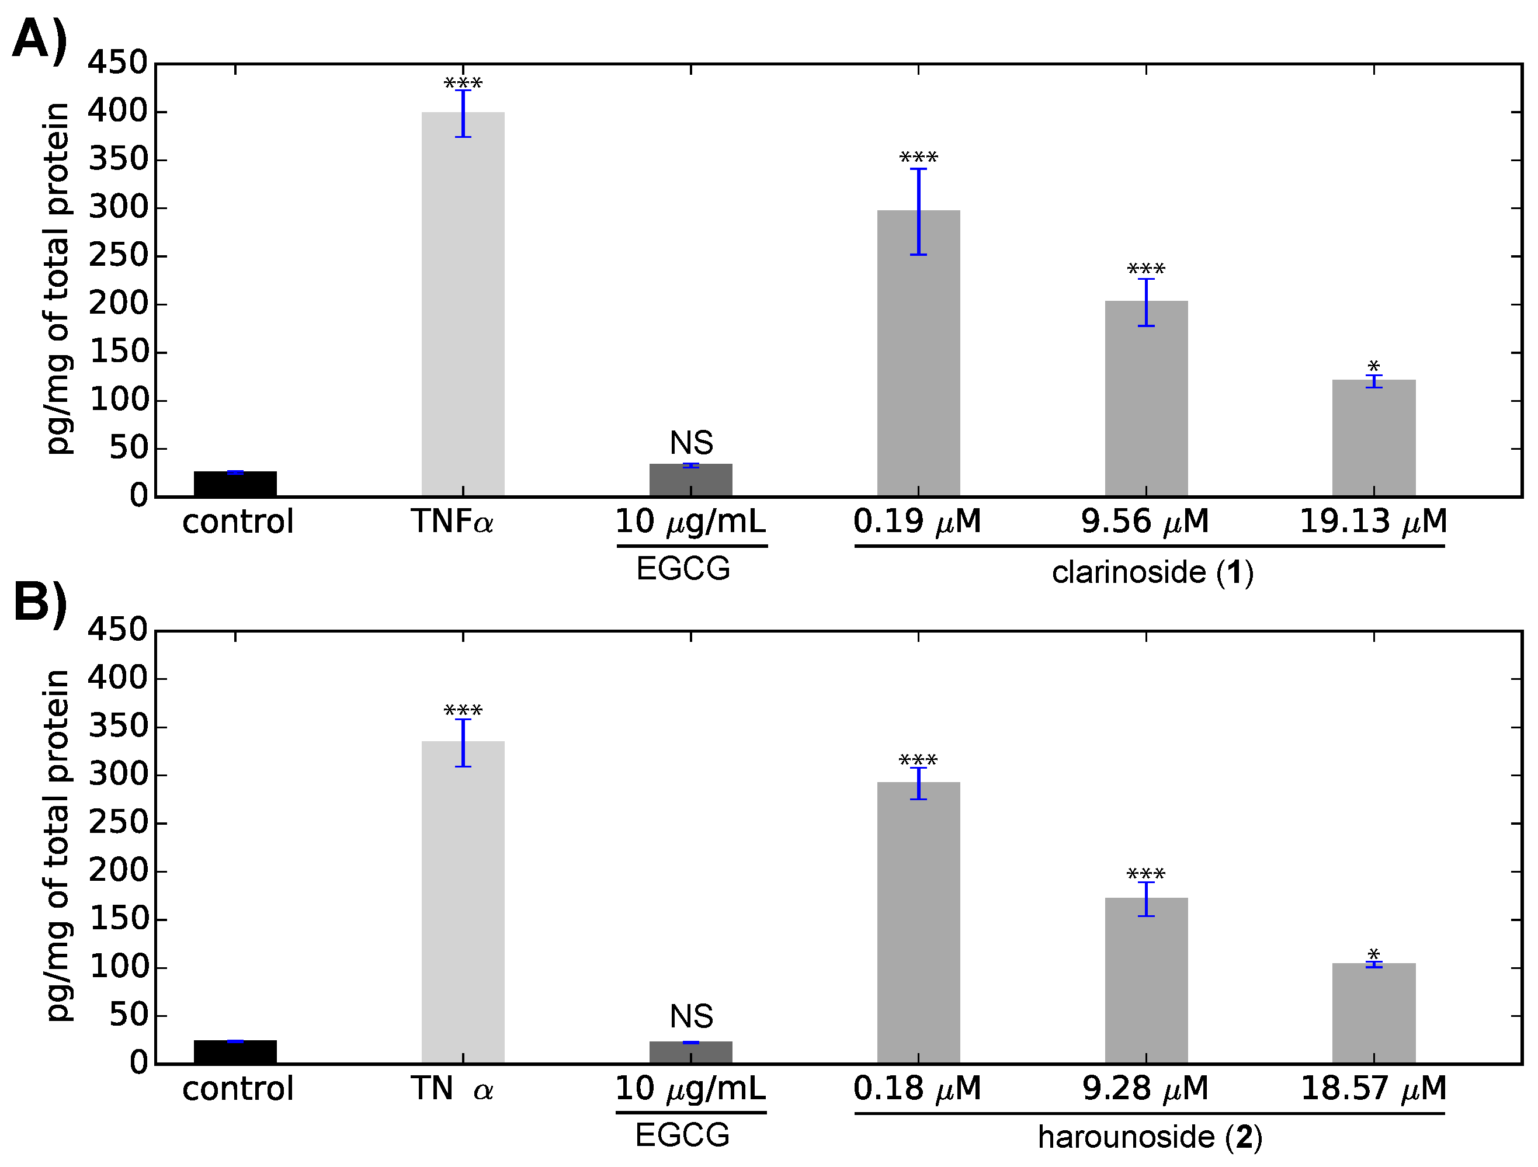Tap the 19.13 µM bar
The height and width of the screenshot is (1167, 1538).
(1373, 438)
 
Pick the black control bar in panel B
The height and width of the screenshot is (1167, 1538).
(235, 1051)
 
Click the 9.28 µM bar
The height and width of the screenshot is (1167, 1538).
(1146, 980)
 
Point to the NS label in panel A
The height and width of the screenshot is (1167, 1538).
(691, 443)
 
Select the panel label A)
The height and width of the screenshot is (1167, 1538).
(40, 40)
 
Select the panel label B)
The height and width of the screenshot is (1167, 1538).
(40, 603)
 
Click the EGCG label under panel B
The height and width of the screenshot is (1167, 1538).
(682, 1135)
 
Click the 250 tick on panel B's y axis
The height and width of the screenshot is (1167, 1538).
(117, 823)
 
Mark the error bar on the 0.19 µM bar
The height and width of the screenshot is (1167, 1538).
(918, 211)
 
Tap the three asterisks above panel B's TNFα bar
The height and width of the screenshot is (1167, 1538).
(463, 710)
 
